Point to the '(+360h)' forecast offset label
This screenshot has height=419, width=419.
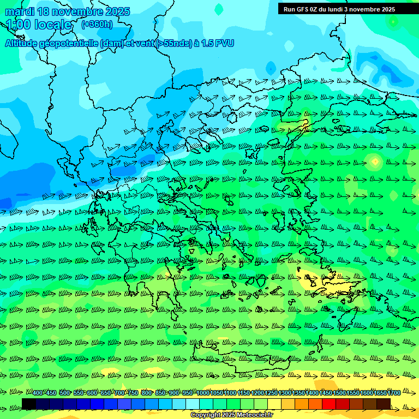(x=97, y=24)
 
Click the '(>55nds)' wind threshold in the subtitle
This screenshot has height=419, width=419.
(x=173, y=43)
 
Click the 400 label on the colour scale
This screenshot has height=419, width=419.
(x=38, y=393)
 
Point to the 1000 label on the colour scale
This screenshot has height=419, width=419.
(x=203, y=393)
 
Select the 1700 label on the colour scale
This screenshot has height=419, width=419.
(x=394, y=393)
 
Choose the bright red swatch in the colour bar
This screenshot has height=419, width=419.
(x=329, y=404)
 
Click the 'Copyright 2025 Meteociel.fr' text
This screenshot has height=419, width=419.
(x=231, y=415)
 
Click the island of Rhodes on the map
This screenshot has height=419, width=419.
(x=346, y=322)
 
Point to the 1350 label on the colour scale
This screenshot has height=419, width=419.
(x=298, y=393)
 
